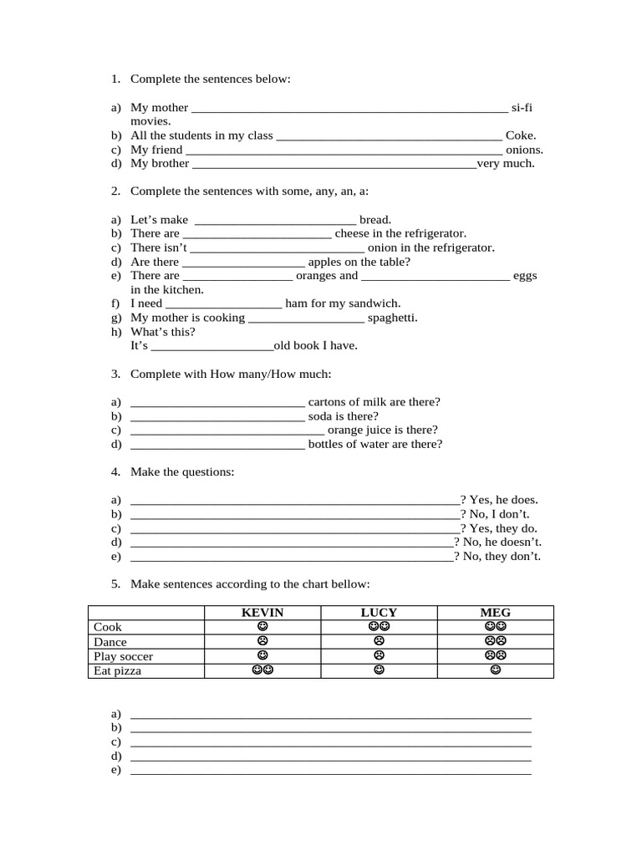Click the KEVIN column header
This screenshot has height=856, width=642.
[262, 613]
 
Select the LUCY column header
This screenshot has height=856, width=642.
[379, 613]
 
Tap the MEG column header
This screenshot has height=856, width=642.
[495, 613]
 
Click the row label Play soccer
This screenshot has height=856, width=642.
[124, 656]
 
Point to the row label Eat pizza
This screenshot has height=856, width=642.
[118, 671]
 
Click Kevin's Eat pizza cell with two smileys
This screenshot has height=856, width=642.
[262, 670]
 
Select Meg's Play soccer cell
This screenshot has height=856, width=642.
[495, 655]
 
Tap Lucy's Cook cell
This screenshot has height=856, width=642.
[379, 626]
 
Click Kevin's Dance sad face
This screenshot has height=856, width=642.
[262, 641]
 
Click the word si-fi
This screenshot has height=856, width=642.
[522, 107]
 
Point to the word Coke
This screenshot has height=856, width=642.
[521, 135]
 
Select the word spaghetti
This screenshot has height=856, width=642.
[392, 318]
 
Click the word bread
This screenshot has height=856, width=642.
[375, 220]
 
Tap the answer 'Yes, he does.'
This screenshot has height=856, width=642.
[503, 499]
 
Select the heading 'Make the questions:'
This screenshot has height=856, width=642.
[182, 472]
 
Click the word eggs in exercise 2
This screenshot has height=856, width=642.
[526, 275]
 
